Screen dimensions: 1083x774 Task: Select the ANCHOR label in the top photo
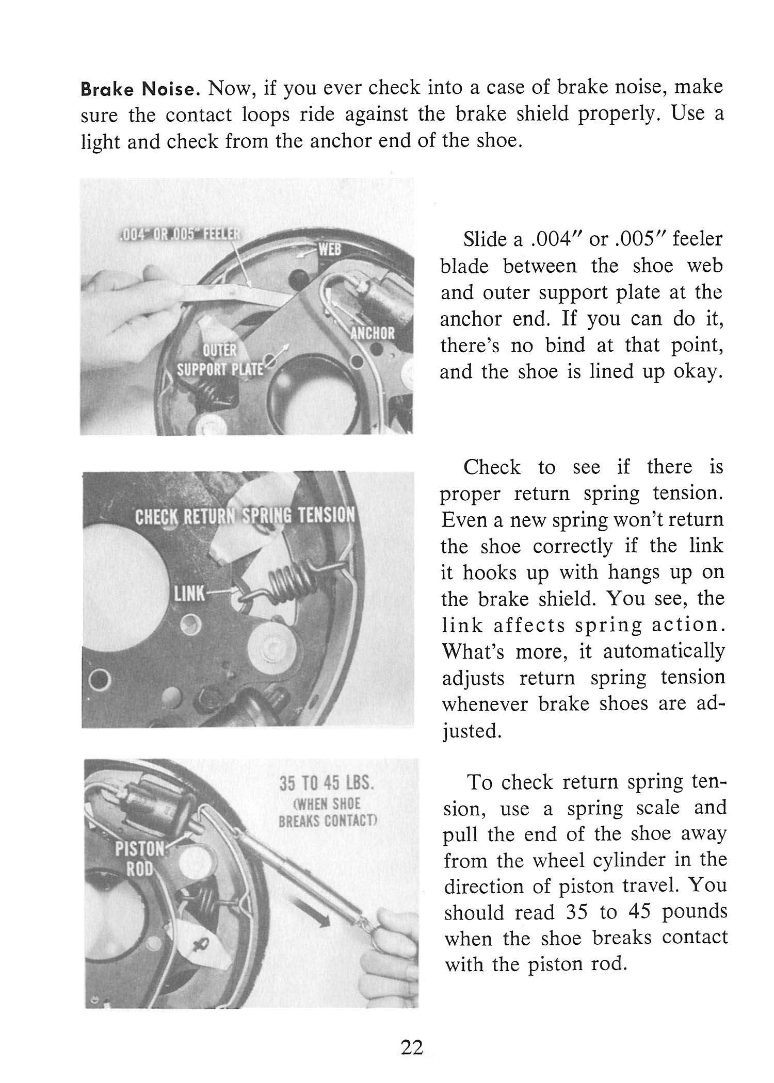click(x=372, y=333)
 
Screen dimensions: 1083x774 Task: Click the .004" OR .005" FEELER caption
click(x=178, y=233)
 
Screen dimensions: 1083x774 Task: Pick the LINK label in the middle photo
click(x=189, y=594)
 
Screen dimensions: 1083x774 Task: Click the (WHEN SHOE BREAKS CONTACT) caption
click(x=328, y=812)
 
